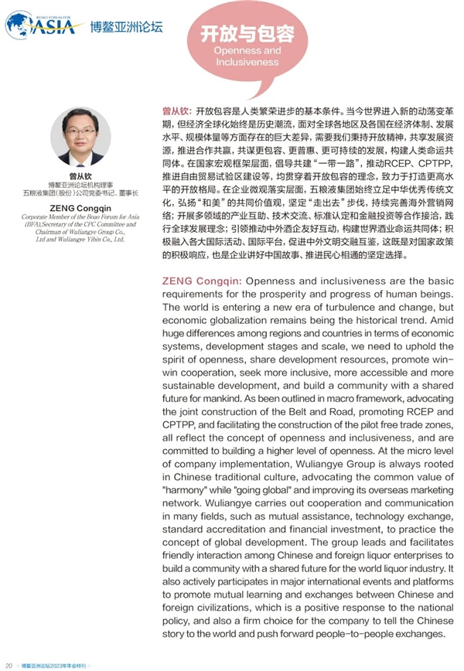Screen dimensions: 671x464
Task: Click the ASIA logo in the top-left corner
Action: pos(44,26)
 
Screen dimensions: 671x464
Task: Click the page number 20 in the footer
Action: pos(9,664)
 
